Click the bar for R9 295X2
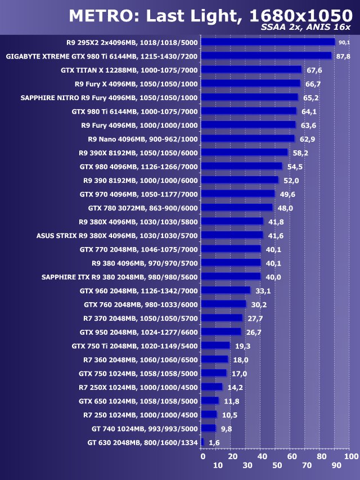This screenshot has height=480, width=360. pyautogui.click(x=268, y=42)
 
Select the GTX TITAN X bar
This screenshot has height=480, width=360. pyautogui.click(x=251, y=70)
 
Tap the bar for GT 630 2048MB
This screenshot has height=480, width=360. pyautogui.click(x=202, y=443)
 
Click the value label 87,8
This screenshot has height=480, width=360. pyautogui.click(x=343, y=56)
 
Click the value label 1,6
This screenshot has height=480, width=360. pyautogui.click(x=214, y=443)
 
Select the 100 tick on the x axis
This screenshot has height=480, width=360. pyautogui.click(x=350, y=456)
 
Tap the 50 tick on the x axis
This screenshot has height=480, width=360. pyautogui.click(x=276, y=466)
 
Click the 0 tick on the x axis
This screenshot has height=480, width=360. pyautogui.click(x=202, y=456)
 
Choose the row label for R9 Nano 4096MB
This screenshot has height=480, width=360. pyautogui.click(x=143, y=138)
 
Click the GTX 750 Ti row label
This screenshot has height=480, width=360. pyautogui.click(x=135, y=346)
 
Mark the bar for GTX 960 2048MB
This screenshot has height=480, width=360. pyautogui.click(x=226, y=290)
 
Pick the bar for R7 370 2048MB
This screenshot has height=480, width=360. pyautogui.click(x=222, y=318)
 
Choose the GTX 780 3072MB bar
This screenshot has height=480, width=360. pyautogui.click(x=237, y=208)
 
